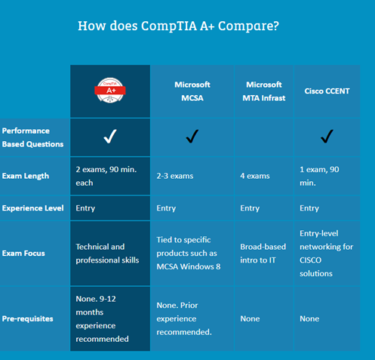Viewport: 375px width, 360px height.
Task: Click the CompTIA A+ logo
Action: point(110,91)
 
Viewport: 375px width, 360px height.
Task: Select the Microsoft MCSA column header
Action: point(192,91)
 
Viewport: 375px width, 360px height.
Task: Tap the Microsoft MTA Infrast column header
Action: point(264,91)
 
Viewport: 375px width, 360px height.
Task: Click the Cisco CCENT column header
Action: point(327,91)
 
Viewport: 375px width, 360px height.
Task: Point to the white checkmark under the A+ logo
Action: point(110,136)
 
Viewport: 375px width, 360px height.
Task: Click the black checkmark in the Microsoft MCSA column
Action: point(192,136)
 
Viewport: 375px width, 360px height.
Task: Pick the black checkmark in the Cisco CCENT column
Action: point(327,136)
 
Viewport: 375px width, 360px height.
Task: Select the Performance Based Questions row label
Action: point(32,137)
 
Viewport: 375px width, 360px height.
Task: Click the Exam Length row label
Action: point(26,176)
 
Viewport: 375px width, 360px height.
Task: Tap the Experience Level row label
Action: point(32,208)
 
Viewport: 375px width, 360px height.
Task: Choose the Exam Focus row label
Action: point(23,253)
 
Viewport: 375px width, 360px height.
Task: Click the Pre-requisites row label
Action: point(27,318)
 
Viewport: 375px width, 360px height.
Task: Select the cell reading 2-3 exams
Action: point(175,176)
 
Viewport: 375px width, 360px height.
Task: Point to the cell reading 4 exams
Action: point(255,176)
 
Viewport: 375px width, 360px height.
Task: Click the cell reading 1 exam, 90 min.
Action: point(319,176)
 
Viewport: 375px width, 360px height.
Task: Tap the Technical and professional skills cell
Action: point(107,254)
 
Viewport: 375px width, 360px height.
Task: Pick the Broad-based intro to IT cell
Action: point(263,254)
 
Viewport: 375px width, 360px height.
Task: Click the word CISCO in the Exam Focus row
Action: point(310,260)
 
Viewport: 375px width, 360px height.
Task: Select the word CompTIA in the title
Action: point(169,26)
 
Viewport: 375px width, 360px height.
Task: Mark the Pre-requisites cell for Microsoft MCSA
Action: point(184,318)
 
